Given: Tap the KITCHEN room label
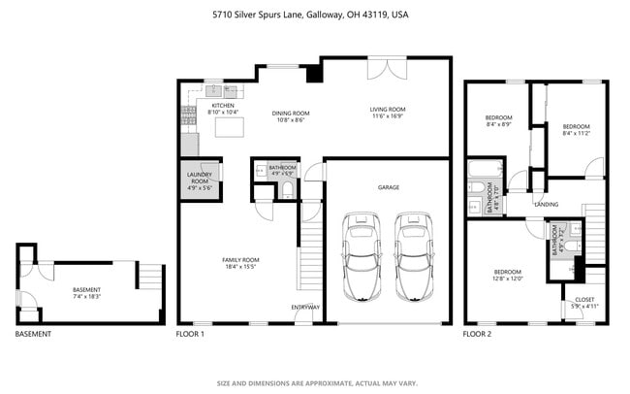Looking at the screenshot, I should [x=222, y=106].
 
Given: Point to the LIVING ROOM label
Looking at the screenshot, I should [x=388, y=110].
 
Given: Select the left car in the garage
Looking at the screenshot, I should [x=362, y=255].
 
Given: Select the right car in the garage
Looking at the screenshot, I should [x=414, y=255].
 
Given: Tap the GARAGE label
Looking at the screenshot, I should [x=388, y=186].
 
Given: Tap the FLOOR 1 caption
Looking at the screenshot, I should [x=189, y=334].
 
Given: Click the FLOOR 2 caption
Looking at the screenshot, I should [x=477, y=334].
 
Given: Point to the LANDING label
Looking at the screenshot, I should [x=546, y=205].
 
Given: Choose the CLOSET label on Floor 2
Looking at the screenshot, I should [x=584, y=299].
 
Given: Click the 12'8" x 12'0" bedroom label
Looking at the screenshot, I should [x=509, y=275].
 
